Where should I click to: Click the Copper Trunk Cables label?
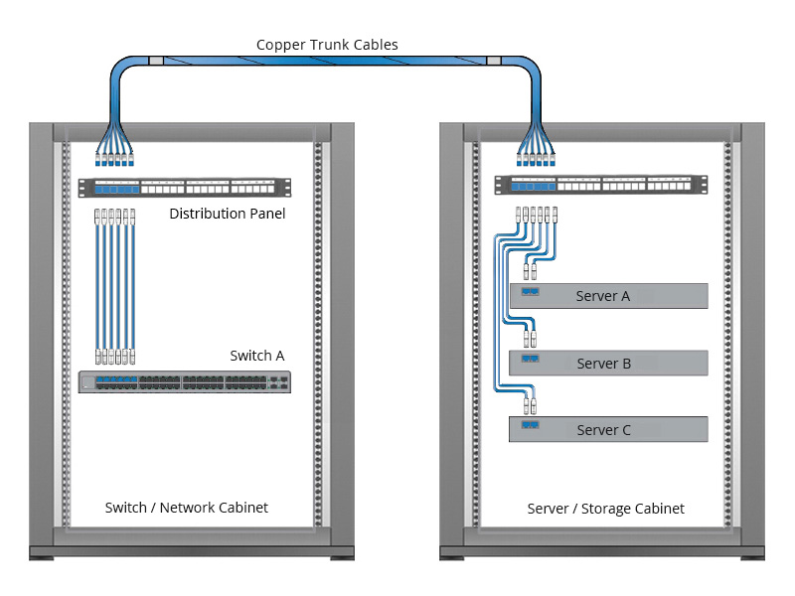point(327,45)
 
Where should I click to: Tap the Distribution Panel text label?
point(228,214)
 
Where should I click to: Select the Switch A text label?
point(257,356)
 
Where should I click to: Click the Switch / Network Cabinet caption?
point(187,508)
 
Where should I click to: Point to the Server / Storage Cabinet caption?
point(605,509)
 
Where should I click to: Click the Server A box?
point(608,296)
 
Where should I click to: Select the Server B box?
point(608,364)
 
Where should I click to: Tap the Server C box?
point(608,430)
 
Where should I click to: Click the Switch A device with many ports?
point(186,381)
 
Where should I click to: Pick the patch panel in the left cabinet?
point(186,187)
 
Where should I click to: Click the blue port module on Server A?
point(530,293)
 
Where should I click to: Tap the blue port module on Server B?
point(530,358)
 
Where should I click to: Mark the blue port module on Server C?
point(530,424)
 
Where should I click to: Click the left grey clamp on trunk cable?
point(155,62)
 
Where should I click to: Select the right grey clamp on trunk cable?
point(494,62)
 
